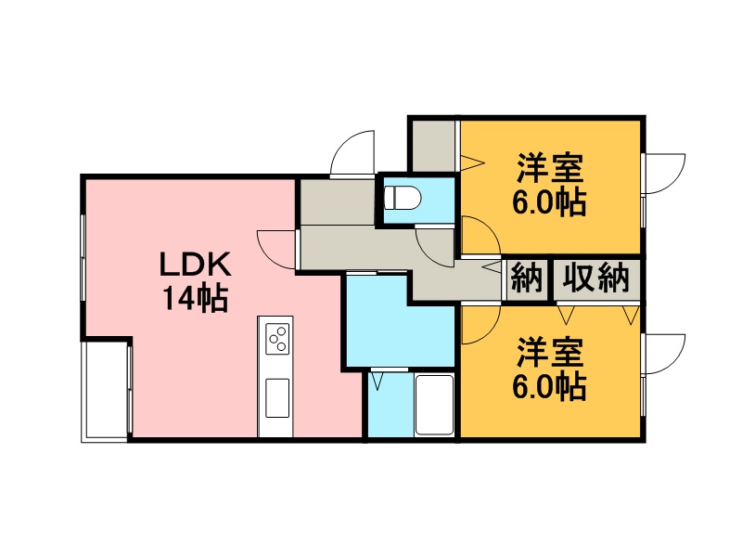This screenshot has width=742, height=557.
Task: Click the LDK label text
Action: [196, 265]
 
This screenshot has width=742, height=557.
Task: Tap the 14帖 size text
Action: [196, 298]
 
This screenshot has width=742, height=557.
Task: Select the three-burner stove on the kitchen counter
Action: [277, 338]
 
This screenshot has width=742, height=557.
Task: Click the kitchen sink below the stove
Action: [277, 398]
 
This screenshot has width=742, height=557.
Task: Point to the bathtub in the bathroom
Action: [434, 405]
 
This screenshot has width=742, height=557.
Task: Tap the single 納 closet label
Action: [527, 278]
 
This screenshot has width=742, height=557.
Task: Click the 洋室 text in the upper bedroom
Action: [549, 168]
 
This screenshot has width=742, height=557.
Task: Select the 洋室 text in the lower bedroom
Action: [549, 352]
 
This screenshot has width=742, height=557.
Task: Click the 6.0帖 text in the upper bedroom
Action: [549, 202]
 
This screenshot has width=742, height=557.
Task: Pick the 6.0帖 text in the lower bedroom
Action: [549, 387]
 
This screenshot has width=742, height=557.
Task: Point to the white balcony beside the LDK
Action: [105, 391]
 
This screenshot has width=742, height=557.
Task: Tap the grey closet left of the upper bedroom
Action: [434, 146]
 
